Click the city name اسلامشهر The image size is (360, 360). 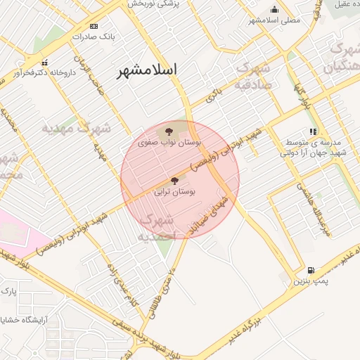(x=147, y=70)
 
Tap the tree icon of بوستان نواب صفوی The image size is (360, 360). (x=168, y=131)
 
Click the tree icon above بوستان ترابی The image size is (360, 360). (x=175, y=181)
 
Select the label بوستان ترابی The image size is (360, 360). (x=175, y=191)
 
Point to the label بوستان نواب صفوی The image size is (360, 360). (x=169, y=143)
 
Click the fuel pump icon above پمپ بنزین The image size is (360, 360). (x=311, y=270)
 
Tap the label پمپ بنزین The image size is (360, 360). (x=311, y=281)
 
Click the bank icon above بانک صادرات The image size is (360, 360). (x=94, y=26)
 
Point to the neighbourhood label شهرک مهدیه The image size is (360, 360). (x=77, y=129)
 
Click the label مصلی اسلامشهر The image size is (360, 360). (x=274, y=20)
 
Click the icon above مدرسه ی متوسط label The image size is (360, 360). (x=314, y=131)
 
